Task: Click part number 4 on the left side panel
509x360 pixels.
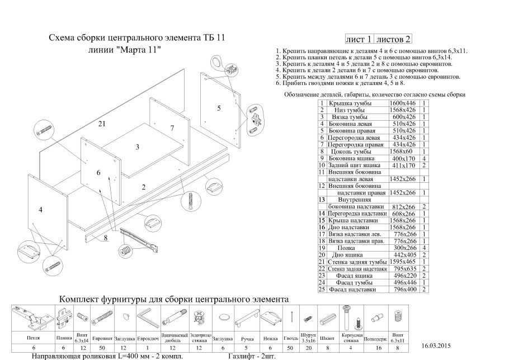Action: pos(40,210)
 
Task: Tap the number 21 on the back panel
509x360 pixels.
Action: pos(101,124)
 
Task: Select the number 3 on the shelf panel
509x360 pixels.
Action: pos(137,147)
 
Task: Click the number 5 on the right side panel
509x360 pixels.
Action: pos(219,107)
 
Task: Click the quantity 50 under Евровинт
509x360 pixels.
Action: pos(101,348)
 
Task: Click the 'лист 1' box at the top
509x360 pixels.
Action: pos(359,39)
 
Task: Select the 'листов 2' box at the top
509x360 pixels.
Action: pos(394,39)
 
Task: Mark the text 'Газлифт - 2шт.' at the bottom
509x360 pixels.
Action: pos(252,356)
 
